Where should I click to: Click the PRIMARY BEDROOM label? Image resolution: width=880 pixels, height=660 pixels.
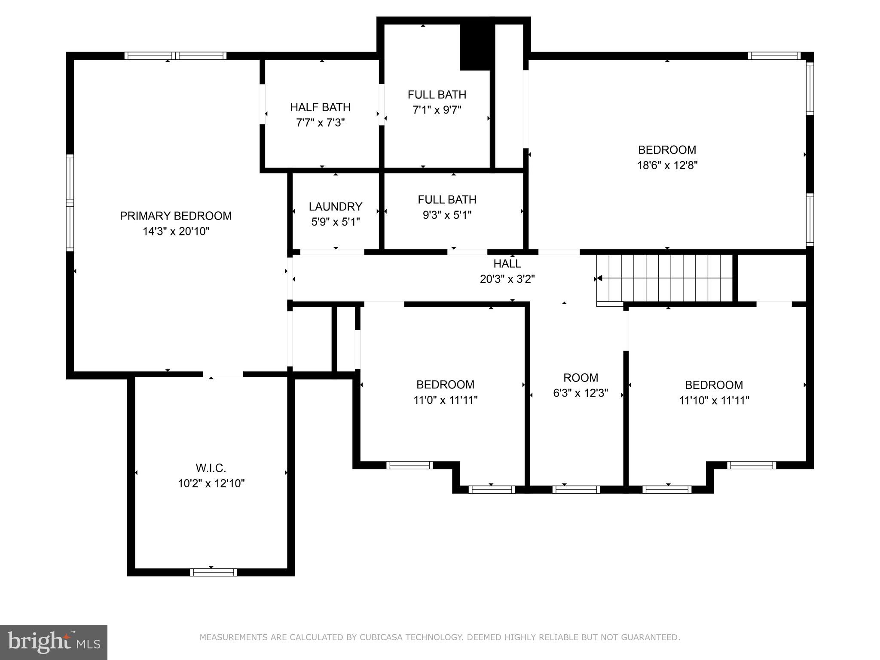click(x=176, y=216)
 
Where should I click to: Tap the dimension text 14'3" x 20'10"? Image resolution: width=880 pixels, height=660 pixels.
click(x=176, y=232)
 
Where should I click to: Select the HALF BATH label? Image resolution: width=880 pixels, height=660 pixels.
click(x=320, y=107)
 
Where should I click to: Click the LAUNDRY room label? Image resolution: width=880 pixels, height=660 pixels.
click(x=335, y=207)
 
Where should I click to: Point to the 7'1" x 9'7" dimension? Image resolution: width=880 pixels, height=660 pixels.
click(x=437, y=110)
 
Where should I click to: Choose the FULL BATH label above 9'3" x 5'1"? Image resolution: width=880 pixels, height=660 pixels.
click(x=447, y=200)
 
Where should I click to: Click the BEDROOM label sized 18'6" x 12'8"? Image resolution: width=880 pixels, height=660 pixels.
click(x=667, y=150)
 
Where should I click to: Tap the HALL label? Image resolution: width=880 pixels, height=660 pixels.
click(x=507, y=263)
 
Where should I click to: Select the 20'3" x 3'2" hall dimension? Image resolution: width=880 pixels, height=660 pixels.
click(x=507, y=279)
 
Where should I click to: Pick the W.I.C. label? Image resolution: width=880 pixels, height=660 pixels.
click(x=211, y=468)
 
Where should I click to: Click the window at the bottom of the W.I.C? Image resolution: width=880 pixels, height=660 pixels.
click(x=214, y=572)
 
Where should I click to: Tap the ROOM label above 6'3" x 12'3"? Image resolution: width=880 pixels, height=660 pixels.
click(x=581, y=378)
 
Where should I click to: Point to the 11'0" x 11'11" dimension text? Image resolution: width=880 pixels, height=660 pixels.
click(x=446, y=400)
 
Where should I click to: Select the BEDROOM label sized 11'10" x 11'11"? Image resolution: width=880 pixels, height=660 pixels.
click(x=714, y=385)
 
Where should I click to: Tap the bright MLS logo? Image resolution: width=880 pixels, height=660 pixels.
click(x=54, y=642)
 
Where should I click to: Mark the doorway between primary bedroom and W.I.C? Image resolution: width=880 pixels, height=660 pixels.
click(x=223, y=374)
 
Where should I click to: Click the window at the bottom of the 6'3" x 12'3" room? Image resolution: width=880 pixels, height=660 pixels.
click(x=576, y=489)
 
